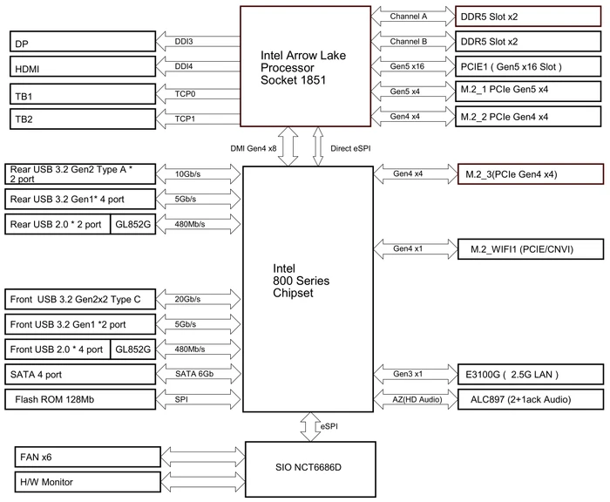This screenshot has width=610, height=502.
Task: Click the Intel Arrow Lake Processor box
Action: click(x=305, y=66)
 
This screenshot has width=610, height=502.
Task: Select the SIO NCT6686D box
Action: click(x=310, y=469)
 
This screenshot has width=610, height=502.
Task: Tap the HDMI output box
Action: click(x=83, y=66)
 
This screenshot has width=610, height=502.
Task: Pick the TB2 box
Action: click(x=83, y=119)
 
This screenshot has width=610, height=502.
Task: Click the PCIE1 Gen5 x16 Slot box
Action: click(x=528, y=66)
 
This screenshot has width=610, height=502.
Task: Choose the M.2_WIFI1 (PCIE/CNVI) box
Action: click(x=531, y=249)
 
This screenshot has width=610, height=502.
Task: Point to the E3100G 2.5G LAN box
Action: click(x=531, y=375)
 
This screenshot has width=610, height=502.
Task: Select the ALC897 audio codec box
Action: click(x=531, y=399)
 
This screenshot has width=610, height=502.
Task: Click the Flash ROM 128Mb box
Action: click(x=80, y=399)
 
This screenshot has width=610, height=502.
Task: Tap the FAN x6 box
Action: click(x=87, y=457)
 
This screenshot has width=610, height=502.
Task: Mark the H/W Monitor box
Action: click(x=87, y=482)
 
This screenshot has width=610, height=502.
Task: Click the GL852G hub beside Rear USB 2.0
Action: click(x=133, y=224)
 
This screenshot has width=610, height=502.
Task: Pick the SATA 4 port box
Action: click(x=80, y=375)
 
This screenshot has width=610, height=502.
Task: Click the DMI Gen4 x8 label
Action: click(x=254, y=148)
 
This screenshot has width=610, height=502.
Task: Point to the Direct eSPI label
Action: click(x=350, y=148)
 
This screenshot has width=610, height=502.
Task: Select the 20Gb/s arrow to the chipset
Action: click(x=199, y=299)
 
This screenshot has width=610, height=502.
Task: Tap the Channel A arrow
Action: click(x=413, y=17)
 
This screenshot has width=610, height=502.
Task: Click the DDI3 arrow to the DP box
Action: click(x=198, y=42)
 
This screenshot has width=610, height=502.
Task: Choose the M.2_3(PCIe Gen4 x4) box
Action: click(x=531, y=174)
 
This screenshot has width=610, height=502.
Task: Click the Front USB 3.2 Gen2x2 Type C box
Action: click(x=80, y=299)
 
